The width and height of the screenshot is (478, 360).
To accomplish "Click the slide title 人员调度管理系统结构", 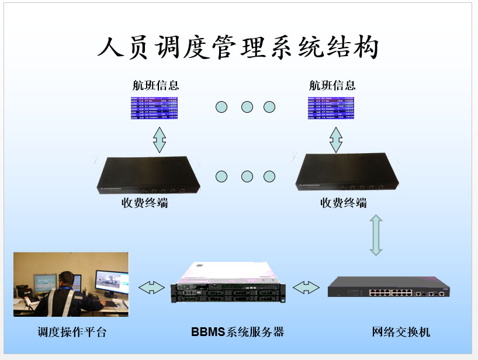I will [238, 47].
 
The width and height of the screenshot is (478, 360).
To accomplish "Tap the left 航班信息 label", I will [155, 85].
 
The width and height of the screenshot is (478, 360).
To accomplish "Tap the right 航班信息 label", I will [332, 85].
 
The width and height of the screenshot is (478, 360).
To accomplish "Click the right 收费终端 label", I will [344, 203].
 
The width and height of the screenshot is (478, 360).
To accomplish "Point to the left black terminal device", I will [148, 175].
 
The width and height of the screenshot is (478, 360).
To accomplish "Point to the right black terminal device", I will [347, 172].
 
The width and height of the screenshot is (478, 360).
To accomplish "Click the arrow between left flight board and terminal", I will [159, 139].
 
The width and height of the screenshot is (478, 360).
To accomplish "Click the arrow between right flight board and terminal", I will [335, 139].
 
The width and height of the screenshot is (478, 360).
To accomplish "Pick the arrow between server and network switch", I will [306, 287].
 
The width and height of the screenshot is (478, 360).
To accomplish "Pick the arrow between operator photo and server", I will [152, 287].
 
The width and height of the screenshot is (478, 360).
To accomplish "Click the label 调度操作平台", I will [72, 333].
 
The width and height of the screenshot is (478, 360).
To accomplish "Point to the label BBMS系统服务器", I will [237, 332].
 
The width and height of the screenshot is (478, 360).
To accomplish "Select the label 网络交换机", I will [401, 333].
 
